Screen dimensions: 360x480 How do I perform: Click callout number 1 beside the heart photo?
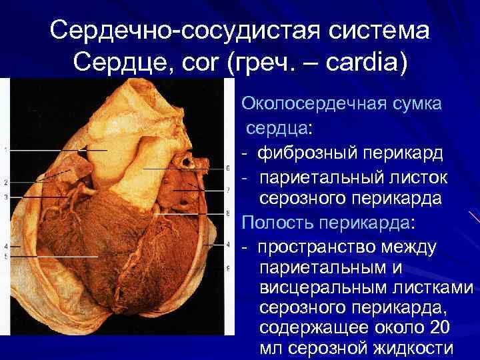(x=5, y=150)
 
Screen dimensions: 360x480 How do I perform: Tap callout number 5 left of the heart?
(x=5, y=257)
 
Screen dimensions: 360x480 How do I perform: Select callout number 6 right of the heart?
(x=228, y=167)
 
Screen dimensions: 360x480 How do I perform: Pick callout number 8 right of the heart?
(x=228, y=215)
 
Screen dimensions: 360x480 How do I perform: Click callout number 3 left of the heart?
(x=5, y=197)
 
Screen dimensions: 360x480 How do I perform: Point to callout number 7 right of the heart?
(x=228, y=189)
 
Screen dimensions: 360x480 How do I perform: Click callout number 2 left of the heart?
(x=5, y=182)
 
